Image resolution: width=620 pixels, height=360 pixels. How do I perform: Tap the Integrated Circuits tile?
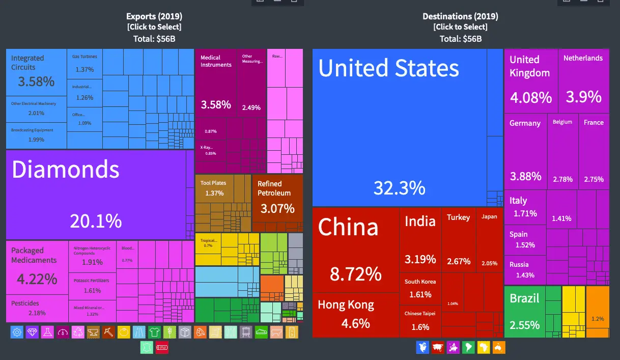click(36, 72)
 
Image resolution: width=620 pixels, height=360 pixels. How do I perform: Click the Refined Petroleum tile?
click(277, 198)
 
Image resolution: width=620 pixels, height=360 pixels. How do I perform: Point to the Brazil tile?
click(524, 311)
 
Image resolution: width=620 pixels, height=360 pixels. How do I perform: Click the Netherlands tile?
click(583, 81)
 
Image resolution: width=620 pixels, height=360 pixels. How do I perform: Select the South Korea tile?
click(420, 288)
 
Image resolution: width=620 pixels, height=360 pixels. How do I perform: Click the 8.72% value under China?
click(355, 274)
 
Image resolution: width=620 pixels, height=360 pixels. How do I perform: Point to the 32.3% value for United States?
click(399, 188)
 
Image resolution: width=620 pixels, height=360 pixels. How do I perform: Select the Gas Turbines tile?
click(84, 63)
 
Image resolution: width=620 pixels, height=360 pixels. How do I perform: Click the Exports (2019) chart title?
click(154, 16)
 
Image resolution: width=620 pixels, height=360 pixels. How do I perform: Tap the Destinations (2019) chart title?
click(460, 16)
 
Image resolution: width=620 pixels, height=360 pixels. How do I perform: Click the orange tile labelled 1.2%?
click(598, 312)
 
